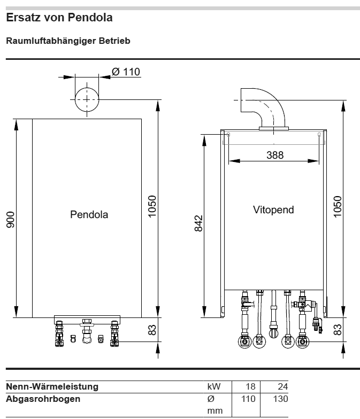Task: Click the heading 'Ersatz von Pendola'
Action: click(x=59, y=18)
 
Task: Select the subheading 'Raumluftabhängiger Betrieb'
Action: click(x=68, y=41)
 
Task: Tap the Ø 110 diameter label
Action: click(x=126, y=72)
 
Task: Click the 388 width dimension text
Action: click(x=275, y=156)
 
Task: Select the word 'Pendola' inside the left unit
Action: click(x=89, y=215)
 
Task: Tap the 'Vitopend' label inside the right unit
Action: click(x=273, y=210)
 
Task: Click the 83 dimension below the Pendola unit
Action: click(x=152, y=331)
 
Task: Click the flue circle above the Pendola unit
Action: click(x=86, y=100)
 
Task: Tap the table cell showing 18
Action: click(x=249, y=386)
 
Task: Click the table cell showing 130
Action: click(x=280, y=399)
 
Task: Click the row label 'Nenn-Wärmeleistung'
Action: click(x=52, y=386)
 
